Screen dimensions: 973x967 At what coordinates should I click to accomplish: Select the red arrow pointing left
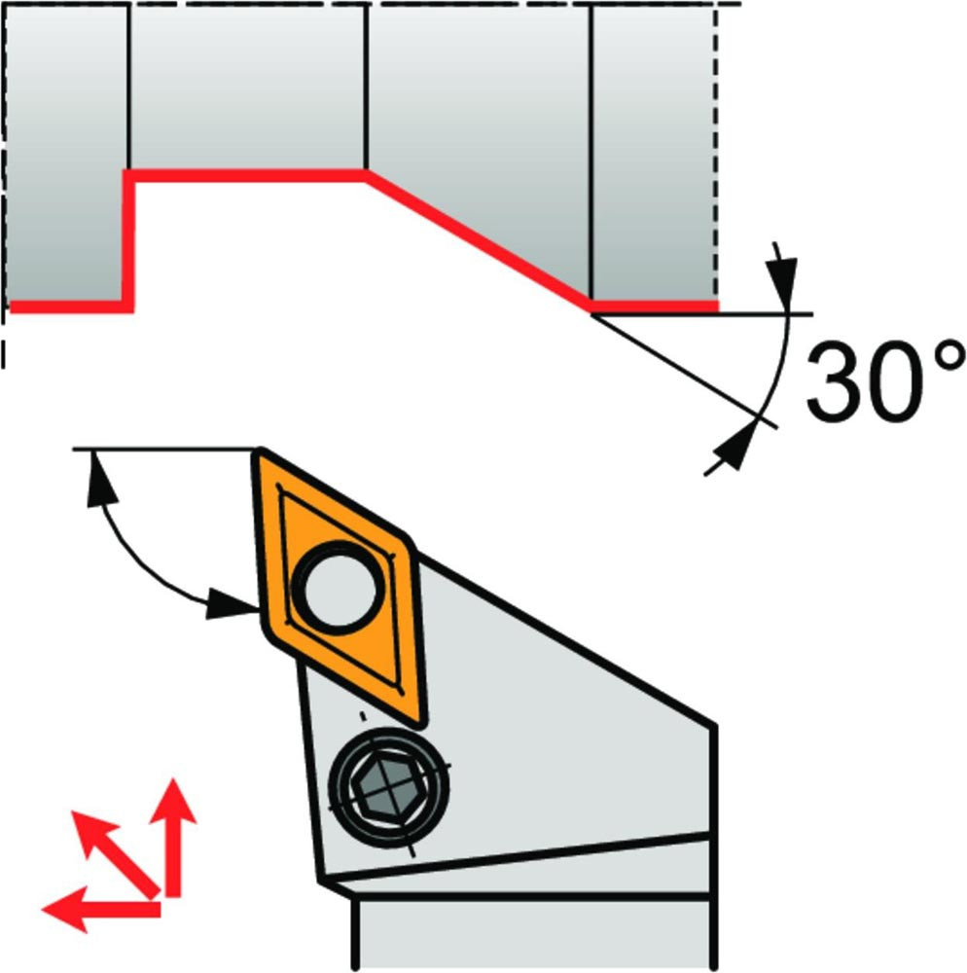coord(97,910)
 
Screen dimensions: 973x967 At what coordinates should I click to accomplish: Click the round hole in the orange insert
coord(337,585)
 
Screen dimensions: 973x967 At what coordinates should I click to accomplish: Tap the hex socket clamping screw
coord(390,783)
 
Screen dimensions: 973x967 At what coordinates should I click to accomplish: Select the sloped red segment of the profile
coord(477,238)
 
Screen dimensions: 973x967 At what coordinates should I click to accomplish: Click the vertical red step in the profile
coord(127,238)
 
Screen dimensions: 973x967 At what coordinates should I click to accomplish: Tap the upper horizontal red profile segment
coord(248,175)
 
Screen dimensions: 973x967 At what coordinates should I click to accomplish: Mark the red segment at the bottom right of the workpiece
coord(655,306)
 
